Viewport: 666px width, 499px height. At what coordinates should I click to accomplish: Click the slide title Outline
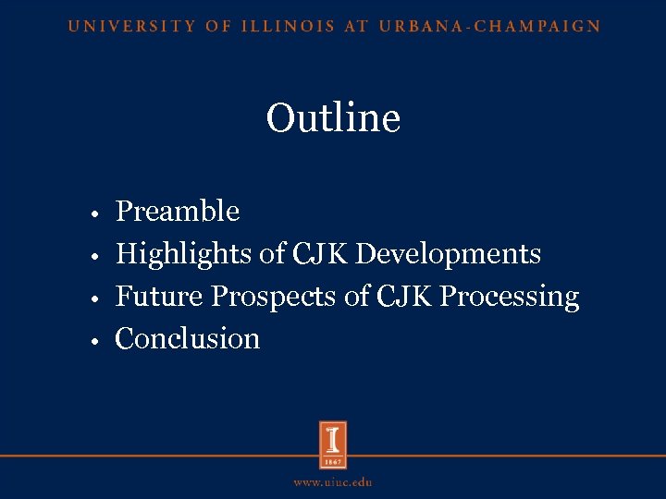pyautogui.click(x=333, y=118)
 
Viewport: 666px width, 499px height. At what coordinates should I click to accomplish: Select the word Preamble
pyautogui.click(x=177, y=212)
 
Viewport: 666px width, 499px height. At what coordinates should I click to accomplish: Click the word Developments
pyautogui.click(x=449, y=254)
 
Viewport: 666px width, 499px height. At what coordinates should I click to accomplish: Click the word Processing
pyautogui.click(x=510, y=298)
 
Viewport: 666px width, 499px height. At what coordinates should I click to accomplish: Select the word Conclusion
pyautogui.click(x=187, y=339)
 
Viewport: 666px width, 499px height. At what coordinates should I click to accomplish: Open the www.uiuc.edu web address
pyautogui.click(x=333, y=482)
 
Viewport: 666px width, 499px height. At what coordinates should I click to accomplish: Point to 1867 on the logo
pyautogui.click(x=333, y=460)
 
